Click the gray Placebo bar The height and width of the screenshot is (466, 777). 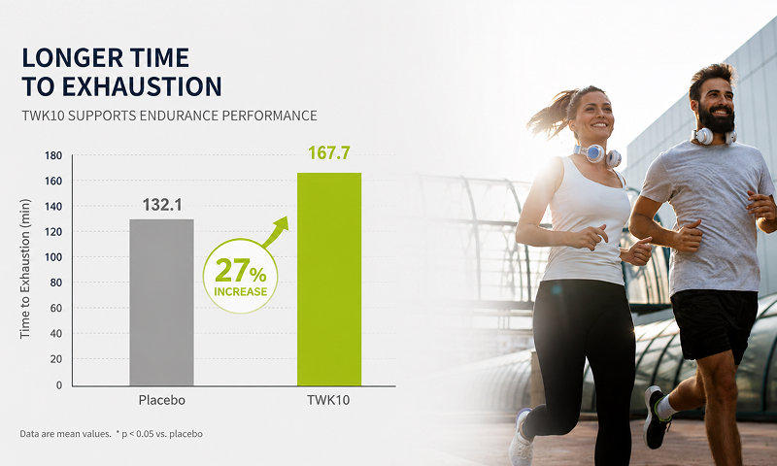[161, 302]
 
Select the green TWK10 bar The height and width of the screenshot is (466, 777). [329, 279]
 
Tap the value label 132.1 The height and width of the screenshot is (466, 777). [162, 205]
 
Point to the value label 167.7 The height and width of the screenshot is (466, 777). [329, 152]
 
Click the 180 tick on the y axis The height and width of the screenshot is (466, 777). [53, 155]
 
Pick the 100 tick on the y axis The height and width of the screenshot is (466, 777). [53, 257]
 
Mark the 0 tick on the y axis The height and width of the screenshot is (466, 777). [59, 384]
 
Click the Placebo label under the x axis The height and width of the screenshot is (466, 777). [161, 400]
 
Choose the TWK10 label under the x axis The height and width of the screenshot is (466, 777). [328, 400]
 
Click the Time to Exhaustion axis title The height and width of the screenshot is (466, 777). [25, 269]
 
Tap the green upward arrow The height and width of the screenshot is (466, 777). [276, 232]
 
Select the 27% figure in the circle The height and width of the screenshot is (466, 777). [241, 271]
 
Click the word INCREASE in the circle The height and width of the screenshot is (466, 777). [240, 291]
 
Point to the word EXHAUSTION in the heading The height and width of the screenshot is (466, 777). [142, 86]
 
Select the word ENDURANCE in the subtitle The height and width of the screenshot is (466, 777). [179, 116]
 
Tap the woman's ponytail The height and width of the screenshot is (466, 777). [549, 114]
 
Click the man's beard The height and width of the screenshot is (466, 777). [717, 118]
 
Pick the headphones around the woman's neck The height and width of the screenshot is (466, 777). [597, 155]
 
